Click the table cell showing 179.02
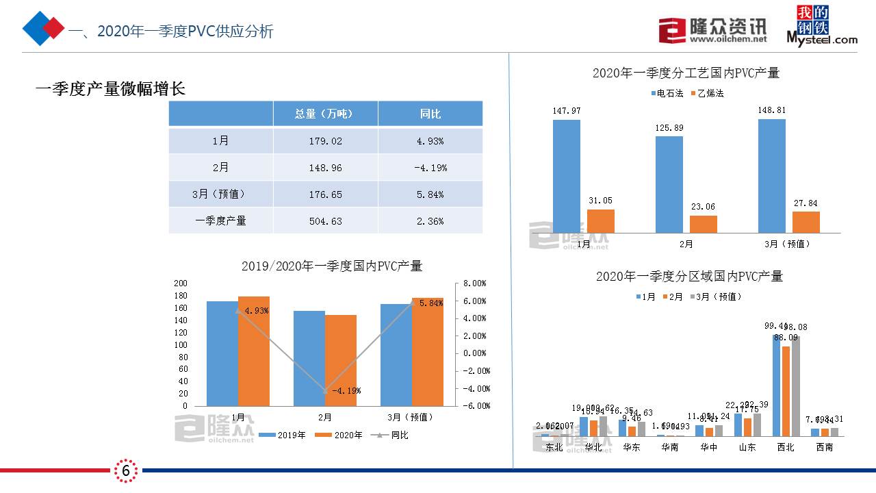[x=325, y=141]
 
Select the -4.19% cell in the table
[x=430, y=168]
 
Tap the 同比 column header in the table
[x=430, y=114]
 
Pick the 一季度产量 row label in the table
[x=220, y=221]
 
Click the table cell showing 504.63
[x=325, y=221]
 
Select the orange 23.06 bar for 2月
[x=703, y=224]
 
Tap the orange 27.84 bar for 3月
[x=806, y=222]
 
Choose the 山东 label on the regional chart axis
[x=747, y=448]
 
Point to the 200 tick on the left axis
[x=180, y=283]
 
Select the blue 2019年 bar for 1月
[x=222, y=353]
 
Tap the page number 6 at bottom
[x=126, y=470]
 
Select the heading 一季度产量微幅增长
[x=110, y=89]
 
